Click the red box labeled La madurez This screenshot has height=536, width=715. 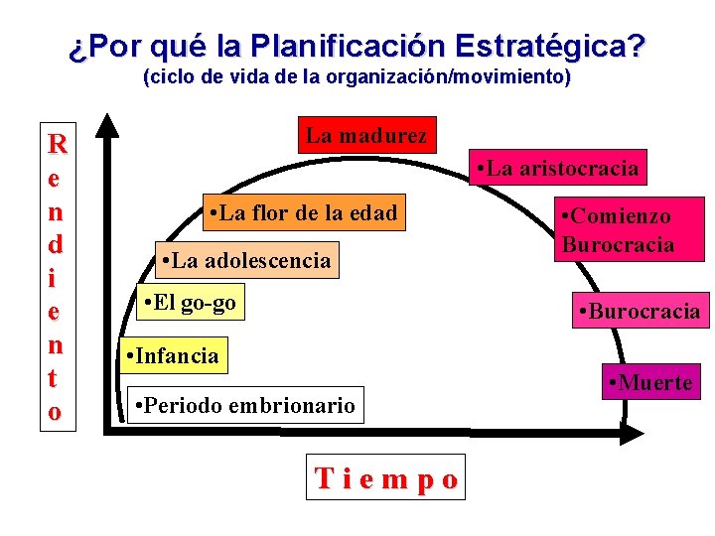pyautogui.click(x=366, y=136)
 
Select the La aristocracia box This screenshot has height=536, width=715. pyautogui.click(x=557, y=169)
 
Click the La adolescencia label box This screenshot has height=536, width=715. pyautogui.click(x=245, y=260)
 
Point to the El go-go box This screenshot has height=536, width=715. pyautogui.click(x=189, y=303)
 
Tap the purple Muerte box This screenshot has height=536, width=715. pyautogui.click(x=650, y=382)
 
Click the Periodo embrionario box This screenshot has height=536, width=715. pyautogui.click(x=244, y=405)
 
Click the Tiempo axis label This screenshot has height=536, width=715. pyautogui.click(x=387, y=480)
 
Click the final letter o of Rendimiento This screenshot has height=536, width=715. pyautogui.click(x=56, y=410)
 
